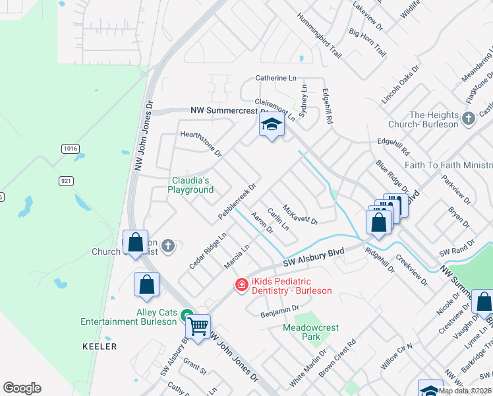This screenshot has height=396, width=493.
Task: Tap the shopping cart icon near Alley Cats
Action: [x=198, y=326]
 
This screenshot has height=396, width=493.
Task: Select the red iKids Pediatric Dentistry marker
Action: [x=242, y=284]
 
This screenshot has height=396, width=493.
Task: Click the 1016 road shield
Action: [x=71, y=149]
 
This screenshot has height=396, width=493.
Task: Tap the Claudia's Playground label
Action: [x=193, y=185]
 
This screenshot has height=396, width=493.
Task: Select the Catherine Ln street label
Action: [x=275, y=78]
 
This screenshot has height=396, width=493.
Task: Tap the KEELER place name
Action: [x=100, y=346]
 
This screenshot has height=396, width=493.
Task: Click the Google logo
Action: [x=22, y=388]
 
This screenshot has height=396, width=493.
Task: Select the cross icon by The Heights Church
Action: [x=469, y=119]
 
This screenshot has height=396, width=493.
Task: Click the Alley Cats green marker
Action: [x=187, y=316]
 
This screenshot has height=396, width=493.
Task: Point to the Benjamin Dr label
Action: [x=279, y=311]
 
